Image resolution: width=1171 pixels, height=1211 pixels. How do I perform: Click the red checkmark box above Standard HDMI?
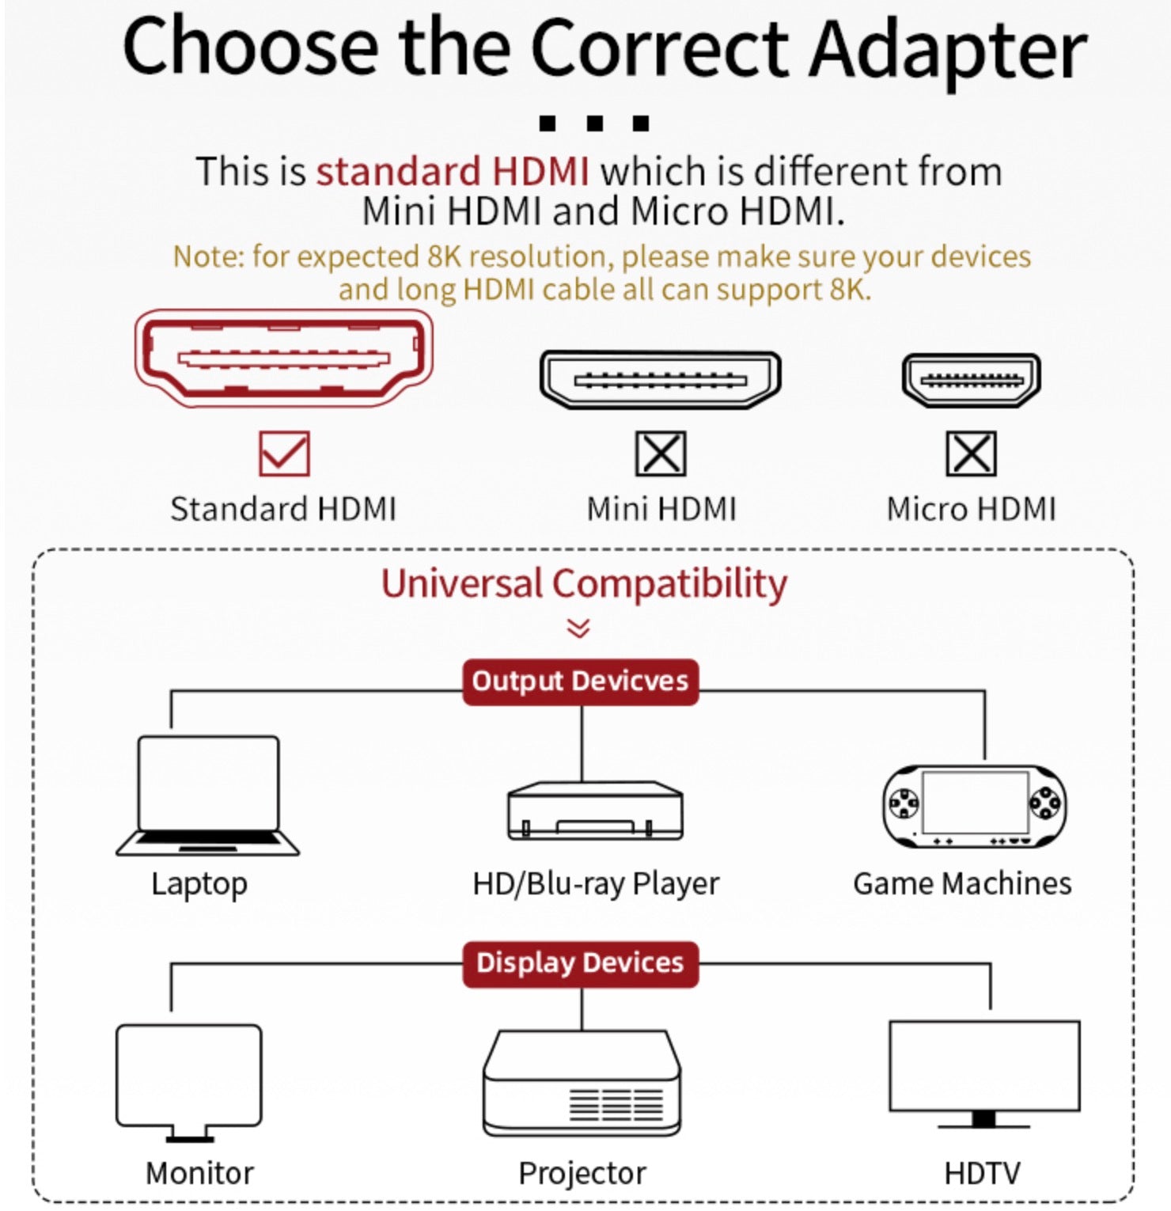(x=284, y=454)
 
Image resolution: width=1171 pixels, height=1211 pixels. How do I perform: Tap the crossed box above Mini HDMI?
(x=661, y=454)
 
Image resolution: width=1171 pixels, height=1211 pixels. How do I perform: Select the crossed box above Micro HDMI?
(x=971, y=454)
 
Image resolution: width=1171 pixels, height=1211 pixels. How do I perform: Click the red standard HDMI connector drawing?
(x=284, y=358)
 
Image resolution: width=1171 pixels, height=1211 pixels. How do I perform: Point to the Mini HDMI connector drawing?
(x=661, y=380)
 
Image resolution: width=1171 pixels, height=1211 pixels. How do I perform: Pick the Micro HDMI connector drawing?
(x=971, y=380)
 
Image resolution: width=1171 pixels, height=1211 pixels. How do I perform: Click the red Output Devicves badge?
(x=580, y=681)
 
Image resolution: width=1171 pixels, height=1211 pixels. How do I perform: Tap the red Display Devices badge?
(x=580, y=963)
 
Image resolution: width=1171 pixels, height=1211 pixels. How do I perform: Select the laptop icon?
(x=207, y=795)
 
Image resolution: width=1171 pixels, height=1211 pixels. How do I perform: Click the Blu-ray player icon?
(x=594, y=810)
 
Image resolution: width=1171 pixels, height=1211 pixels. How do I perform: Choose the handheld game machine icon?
(x=974, y=806)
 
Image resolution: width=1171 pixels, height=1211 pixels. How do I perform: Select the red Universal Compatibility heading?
(x=584, y=584)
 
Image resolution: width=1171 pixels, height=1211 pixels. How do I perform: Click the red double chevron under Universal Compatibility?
(x=578, y=628)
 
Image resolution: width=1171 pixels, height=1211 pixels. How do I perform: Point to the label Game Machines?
(x=962, y=883)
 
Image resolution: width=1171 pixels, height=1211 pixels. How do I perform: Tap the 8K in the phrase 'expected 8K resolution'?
(x=444, y=256)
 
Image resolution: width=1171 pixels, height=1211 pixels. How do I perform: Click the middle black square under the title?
(x=595, y=123)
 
